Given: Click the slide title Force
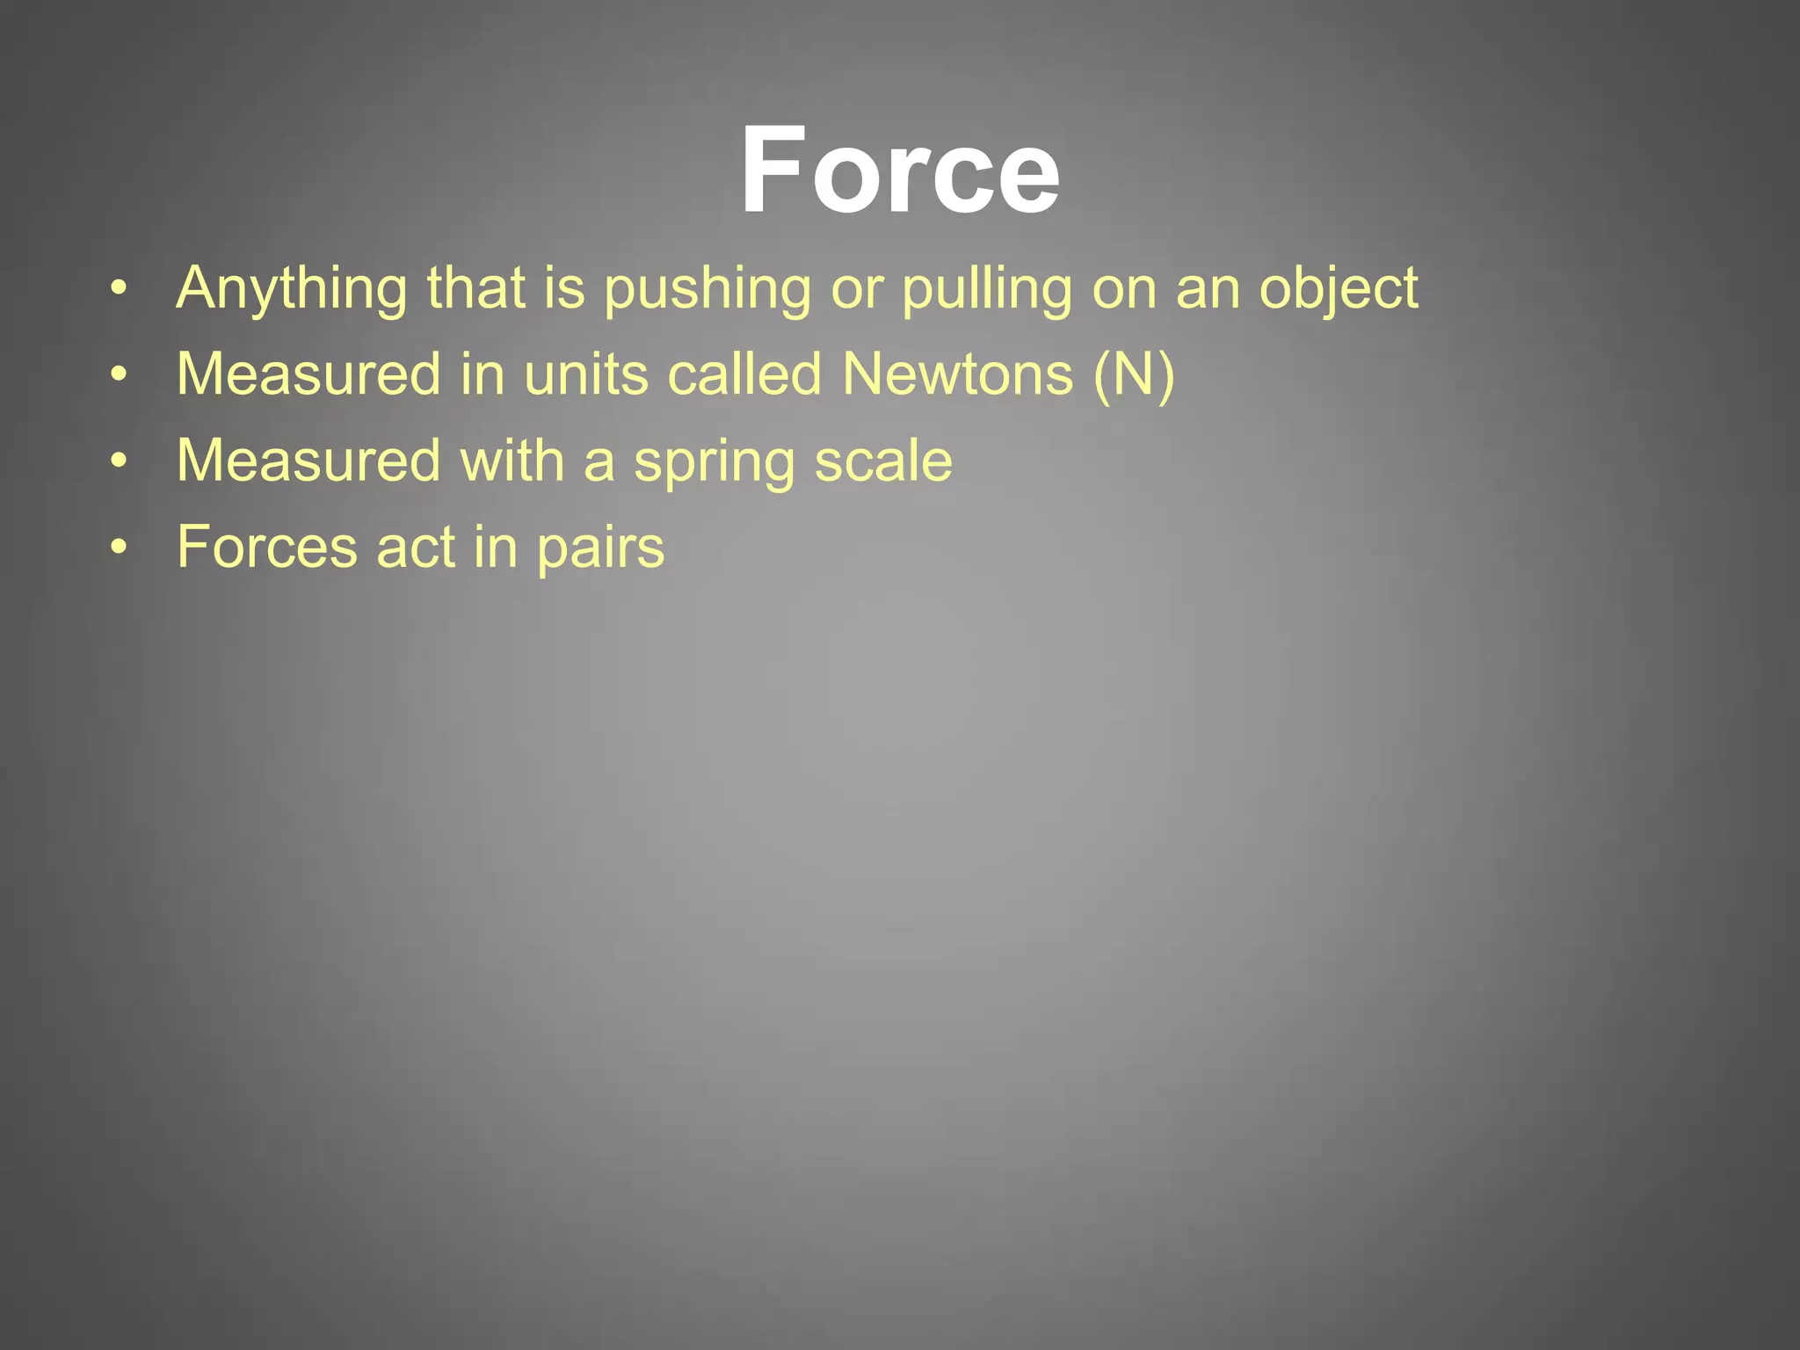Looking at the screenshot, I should (900, 170).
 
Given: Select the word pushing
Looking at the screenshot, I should (708, 289).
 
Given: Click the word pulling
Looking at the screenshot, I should (987, 289).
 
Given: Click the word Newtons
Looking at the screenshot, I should (957, 374).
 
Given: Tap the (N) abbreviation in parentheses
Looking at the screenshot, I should (1134, 374).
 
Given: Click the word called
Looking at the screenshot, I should (744, 374).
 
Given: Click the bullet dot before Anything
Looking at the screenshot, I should (120, 288).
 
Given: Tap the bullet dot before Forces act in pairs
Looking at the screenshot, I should (120, 547).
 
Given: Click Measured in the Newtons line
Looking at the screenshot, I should (308, 374).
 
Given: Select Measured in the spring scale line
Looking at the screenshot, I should (308, 461).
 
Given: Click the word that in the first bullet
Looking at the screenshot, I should (475, 287).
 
